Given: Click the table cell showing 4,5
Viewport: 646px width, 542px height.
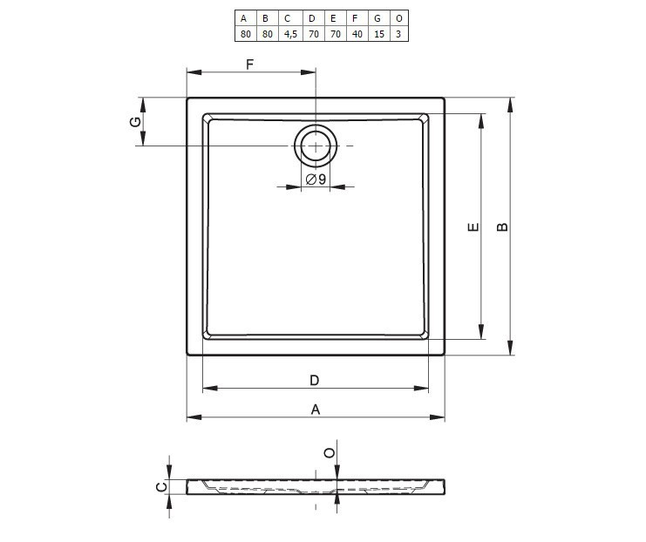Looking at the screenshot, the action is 290,34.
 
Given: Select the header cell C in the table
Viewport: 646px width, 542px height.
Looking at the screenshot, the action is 287,18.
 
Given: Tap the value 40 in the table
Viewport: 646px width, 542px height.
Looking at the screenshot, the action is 357,34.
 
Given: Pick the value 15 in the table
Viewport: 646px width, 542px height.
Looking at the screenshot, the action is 379,34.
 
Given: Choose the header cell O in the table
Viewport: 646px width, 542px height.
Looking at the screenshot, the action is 398,18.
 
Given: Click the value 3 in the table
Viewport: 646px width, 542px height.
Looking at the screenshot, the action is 398,34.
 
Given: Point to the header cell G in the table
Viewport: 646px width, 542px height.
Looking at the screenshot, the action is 377,18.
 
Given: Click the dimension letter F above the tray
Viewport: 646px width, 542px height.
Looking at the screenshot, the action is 249,64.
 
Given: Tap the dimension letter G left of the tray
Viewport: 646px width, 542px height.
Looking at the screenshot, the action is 135,122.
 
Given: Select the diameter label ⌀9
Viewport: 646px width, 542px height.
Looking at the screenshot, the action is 316,179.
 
